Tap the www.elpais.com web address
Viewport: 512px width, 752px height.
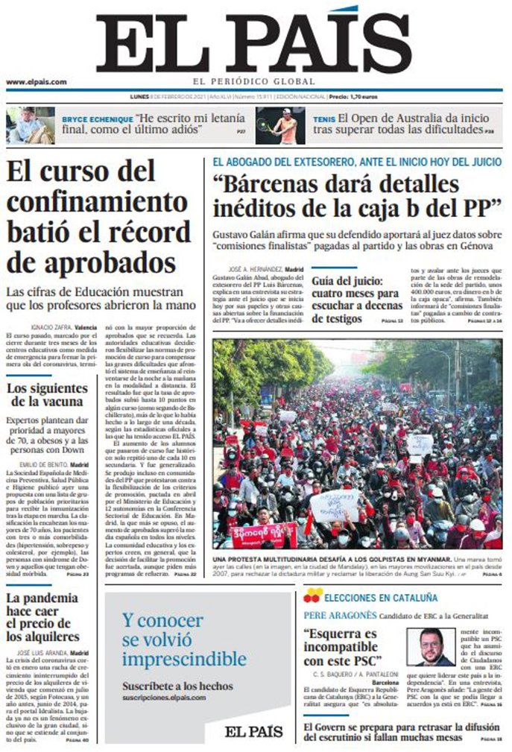coord(37,82)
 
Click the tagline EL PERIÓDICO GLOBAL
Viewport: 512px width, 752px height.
coord(254,82)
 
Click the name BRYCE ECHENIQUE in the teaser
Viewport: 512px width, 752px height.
coord(98,119)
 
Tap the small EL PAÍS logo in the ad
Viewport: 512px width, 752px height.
coord(254,730)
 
